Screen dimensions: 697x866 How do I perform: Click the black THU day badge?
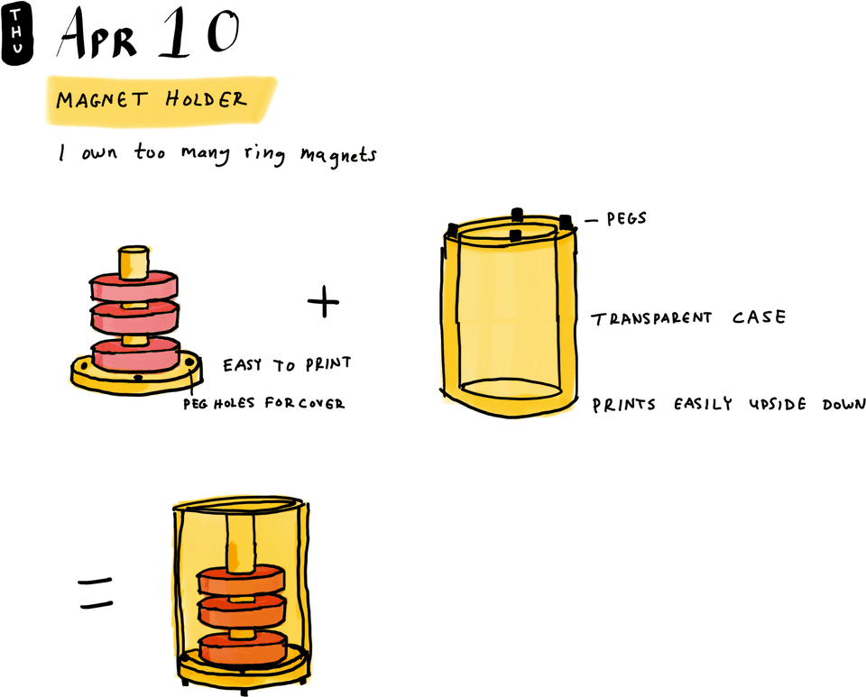(x=17, y=33)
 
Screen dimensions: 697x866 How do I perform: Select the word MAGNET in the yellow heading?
(x=101, y=99)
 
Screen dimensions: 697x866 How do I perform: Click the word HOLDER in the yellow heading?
(x=206, y=98)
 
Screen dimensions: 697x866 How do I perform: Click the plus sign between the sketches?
(x=323, y=303)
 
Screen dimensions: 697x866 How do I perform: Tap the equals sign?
(x=96, y=593)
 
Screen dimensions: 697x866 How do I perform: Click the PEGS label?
(x=626, y=219)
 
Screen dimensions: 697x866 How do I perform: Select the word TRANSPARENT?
(x=651, y=318)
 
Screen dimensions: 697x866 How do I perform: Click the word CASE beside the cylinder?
(x=757, y=317)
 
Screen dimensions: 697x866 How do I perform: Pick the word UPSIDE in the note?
(x=775, y=405)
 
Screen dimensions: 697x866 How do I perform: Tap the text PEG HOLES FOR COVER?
(x=263, y=403)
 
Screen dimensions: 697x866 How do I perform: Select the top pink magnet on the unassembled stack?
(x=134, y=287)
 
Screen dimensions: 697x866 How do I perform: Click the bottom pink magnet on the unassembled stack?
(x=136, y=354)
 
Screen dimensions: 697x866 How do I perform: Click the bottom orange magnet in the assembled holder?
(x=242, y=648)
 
